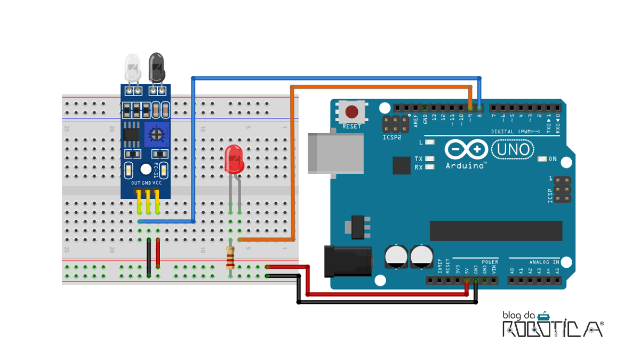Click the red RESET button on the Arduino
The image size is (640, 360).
tap(351, 112)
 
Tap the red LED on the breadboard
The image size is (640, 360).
tap(234, 159)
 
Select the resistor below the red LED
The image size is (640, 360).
tap(230, 259)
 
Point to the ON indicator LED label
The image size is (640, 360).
tap(553, 159)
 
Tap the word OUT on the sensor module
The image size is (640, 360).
tap(136, 183)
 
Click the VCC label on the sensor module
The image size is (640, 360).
tap(157, 183)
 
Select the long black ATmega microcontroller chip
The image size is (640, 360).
tap(495, 230)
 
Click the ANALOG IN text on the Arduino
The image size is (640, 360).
tap(545, 262)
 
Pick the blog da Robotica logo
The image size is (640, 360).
tap(552, 324)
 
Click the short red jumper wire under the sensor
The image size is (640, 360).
tap(158, 253)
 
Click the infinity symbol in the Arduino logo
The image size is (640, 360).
tap(466, 149)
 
